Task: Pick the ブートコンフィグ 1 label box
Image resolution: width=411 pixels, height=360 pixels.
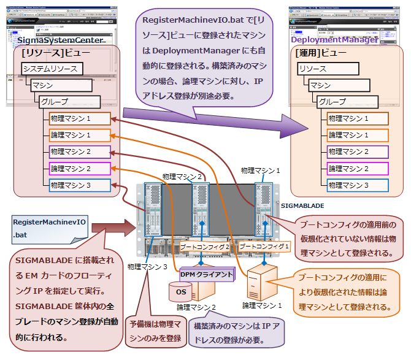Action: click(x=264, y=246)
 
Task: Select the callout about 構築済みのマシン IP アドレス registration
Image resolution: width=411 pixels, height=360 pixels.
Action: click(x=236, y=333)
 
